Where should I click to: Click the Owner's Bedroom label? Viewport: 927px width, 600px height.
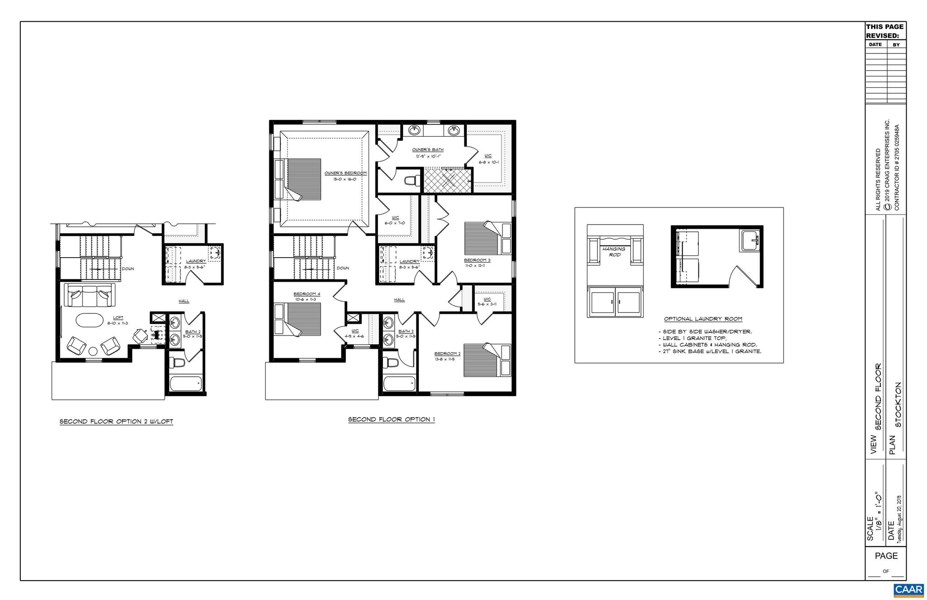tap(345, 173)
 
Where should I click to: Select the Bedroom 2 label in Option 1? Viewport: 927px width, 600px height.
tap(447, 354)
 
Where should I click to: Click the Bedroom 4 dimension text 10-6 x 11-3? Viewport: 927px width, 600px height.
tap(306, 299)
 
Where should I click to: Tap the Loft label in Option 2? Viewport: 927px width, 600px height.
tap(118, 318)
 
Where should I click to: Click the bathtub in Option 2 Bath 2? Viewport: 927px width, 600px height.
tap(186, 385)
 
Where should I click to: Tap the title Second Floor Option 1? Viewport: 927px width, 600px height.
tap(391, 419)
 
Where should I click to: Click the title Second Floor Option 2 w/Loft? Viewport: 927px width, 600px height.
tap(116, 422)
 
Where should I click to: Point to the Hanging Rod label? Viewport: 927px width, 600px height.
tap(614, 252)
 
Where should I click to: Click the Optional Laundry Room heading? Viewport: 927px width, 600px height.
tap(703, 319)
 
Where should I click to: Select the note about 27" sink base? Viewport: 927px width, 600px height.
tap(709, 351)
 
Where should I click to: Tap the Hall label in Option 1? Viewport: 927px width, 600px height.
tap(399, 300)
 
